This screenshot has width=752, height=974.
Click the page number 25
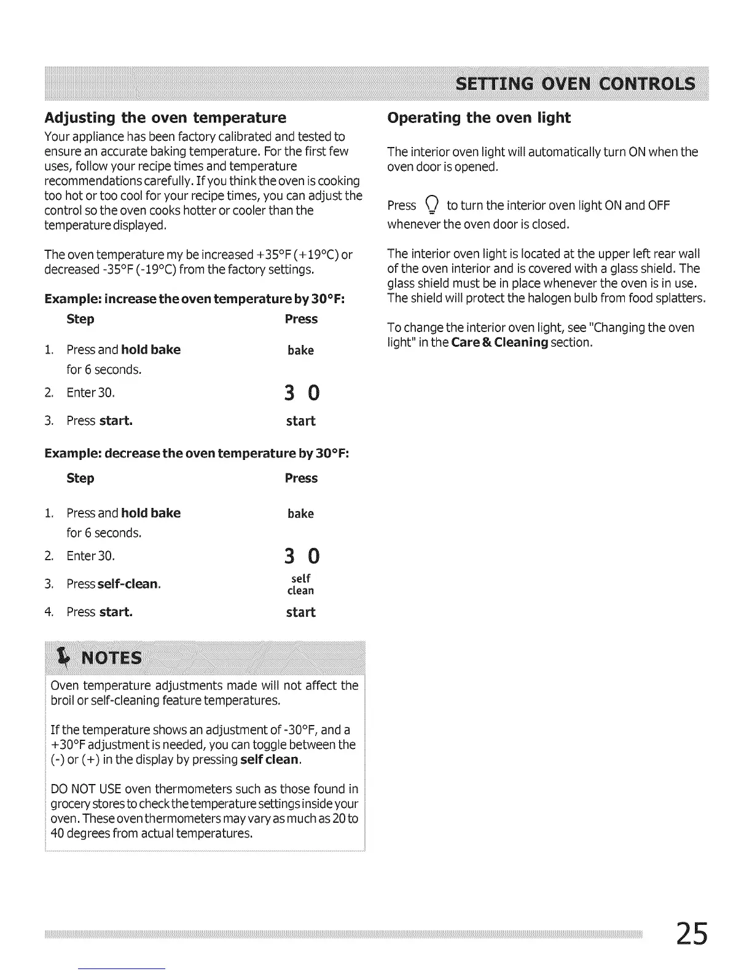691,933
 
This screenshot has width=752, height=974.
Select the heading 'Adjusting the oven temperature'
165,117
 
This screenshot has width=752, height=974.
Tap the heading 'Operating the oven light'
479,117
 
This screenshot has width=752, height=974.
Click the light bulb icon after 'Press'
432,205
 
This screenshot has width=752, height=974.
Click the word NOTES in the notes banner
111,659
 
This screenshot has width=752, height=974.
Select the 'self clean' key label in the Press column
300,584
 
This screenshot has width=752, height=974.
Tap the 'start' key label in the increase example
300,421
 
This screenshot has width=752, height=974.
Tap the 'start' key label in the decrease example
300,612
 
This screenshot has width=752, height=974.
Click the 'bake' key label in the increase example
300,350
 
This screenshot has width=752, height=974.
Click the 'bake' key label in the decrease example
300,513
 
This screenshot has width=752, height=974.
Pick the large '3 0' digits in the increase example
302,392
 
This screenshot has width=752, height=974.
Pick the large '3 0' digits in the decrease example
302,556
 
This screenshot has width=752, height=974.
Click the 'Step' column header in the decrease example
80,478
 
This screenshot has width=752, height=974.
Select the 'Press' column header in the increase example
301,319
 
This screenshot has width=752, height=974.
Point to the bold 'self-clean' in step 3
128,584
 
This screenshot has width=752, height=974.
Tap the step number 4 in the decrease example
49,612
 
